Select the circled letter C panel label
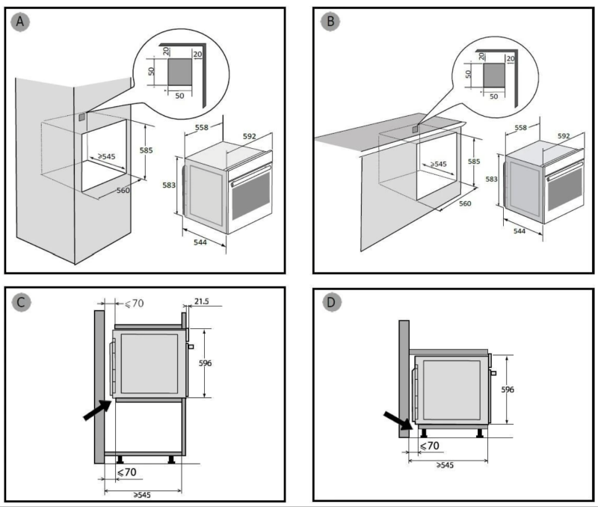22,302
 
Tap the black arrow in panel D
397,421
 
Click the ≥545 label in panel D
446,465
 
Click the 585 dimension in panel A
147,150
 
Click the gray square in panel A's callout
178,73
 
